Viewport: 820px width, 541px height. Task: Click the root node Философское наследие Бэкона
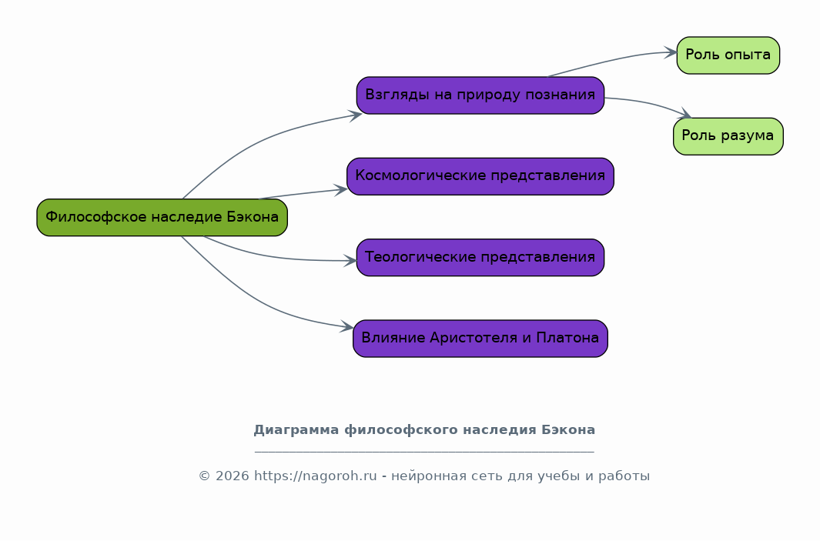tap(162, 218)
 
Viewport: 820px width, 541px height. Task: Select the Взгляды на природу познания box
tap(480, 95)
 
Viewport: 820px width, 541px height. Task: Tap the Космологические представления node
tap(480, 176)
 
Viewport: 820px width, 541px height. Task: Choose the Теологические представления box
tap(480, 257)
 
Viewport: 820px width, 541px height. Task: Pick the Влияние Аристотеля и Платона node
tap(480, 338)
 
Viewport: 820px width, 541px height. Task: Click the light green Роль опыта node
tap(728, 55)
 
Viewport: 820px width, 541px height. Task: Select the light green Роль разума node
tap(728, 136)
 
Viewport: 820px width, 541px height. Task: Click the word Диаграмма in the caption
tap(296, 429)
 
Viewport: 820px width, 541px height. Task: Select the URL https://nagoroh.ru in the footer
tap(316, 476)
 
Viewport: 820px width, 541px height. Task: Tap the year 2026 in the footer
tap(233, 476)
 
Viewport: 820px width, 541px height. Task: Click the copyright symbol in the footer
tap(204, 476)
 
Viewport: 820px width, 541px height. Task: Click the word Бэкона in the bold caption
tap(568, 429)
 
